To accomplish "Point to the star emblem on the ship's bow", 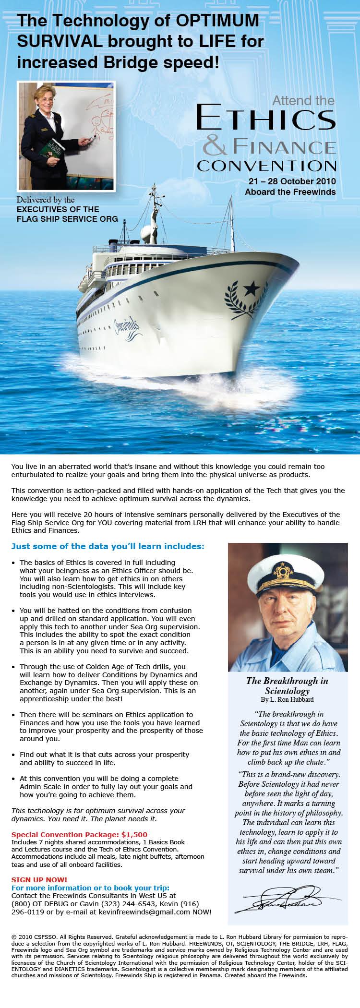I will (x=251, y=288).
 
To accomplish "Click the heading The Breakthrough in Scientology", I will (x=287, y=686).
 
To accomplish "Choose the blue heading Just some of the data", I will (x=108, y=546).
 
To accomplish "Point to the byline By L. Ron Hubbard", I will (x=287, y=699).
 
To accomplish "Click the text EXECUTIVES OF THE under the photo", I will (x=58, y=209).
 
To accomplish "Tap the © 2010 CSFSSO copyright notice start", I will (x=34, y=936).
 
